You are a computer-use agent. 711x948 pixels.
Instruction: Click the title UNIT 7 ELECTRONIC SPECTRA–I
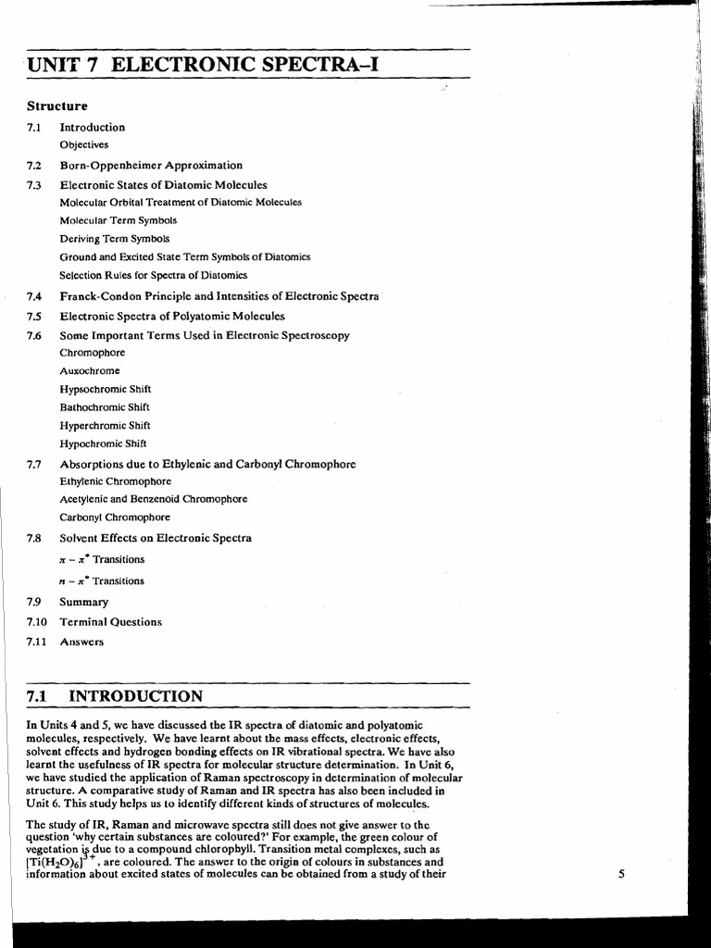pos(205,66)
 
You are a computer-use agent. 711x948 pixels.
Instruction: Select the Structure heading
pos(57,106)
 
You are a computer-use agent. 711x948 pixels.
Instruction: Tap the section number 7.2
pos(35,165)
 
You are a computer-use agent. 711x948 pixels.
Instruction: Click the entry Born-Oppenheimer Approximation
pos(151,165)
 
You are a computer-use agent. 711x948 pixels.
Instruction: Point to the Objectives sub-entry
pos(84,144)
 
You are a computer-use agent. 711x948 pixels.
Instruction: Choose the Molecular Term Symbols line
pos(118,220)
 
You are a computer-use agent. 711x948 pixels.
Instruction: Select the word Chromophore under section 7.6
pos(92,353)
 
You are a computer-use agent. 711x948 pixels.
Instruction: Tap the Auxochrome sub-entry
pos(90,370)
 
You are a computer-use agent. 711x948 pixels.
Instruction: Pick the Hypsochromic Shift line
pos(105,389)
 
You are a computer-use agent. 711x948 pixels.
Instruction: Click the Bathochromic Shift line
pos(105,406)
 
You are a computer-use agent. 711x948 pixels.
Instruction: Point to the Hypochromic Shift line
pos(103,443)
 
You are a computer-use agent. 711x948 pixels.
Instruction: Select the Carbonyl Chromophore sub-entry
pos(115,518)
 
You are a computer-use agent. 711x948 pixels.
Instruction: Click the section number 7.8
pos(35,538)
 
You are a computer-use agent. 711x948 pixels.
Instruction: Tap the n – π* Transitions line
pos(102,580)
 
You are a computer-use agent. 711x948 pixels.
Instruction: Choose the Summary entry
pos(84,602)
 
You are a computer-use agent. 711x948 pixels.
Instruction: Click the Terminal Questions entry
pos(110,622)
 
